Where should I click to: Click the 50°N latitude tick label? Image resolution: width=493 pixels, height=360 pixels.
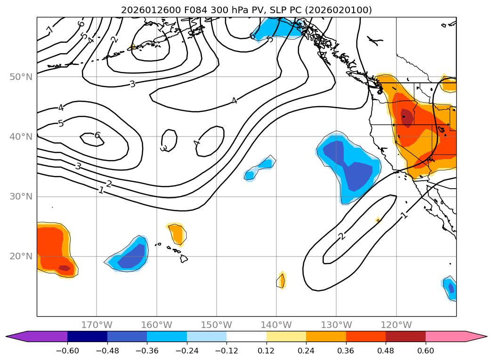tap(21, 77)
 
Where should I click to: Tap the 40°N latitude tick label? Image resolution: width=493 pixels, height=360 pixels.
tap(21, 136)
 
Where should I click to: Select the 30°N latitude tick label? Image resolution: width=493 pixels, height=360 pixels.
tap(21, 196)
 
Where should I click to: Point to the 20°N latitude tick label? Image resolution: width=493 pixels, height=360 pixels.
tap(21, 256)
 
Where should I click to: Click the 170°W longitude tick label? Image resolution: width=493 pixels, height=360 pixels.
tap(97, 325)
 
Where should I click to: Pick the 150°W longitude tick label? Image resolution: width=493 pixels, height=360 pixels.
tap(217, 325)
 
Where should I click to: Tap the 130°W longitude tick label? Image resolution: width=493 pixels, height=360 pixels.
tap(336, 325)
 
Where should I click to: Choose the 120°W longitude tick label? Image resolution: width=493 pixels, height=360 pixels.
tap(396, 325)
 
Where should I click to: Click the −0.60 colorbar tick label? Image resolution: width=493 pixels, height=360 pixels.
tap(67, 350)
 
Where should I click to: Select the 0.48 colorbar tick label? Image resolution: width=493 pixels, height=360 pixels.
tap(386, 350)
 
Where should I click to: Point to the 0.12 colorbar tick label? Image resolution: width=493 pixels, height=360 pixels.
tap(267, 350)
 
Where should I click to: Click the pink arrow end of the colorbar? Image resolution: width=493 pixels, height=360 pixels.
tap(476, 336)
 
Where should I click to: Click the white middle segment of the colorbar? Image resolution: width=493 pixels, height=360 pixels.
tap(246, 336)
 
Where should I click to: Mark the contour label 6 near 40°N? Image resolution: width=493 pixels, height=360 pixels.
tap(97, 136)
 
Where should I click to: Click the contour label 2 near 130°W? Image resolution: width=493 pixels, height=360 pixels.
tap(342, 236)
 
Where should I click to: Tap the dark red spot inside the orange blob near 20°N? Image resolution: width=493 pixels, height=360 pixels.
tap(65, 268)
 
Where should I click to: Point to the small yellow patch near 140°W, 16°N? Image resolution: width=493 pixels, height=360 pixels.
tap(282, 280)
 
